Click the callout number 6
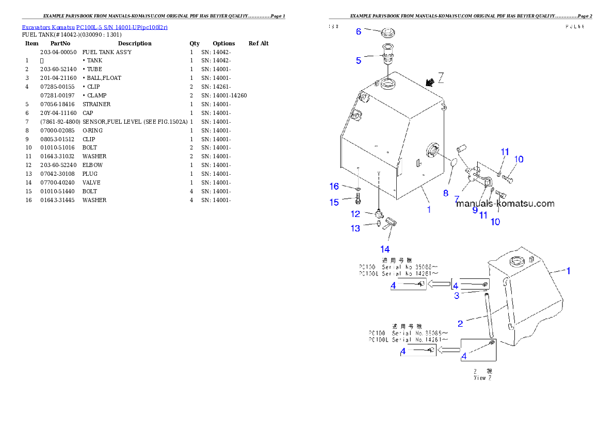coord(358,31)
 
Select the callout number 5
coord(358,60)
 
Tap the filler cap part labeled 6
coord(388,34)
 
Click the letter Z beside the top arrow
coord(441,78)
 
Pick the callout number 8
coord(446,193)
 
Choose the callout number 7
coord(457,198)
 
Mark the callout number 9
coord(475,210)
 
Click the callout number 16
coord(334,186)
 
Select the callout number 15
coord(334,202)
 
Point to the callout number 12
coord(356,213)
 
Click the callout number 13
coord(356,228)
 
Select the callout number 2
coord(460,323)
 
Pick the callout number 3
coord(457,295)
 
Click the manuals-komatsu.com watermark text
coord(505,204)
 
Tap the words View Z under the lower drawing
coord(482,378)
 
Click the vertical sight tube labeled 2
coord(487,315)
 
